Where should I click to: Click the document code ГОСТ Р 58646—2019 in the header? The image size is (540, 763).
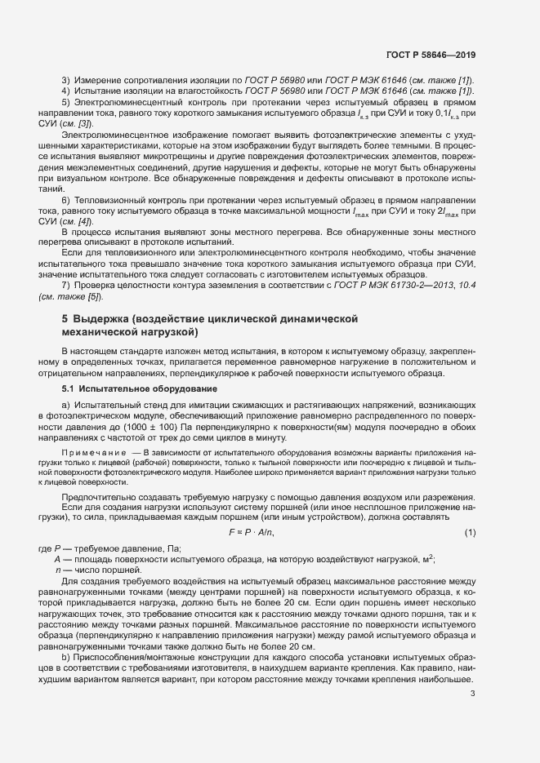tap(431, 55)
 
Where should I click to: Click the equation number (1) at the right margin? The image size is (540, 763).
tap(470, 533)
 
